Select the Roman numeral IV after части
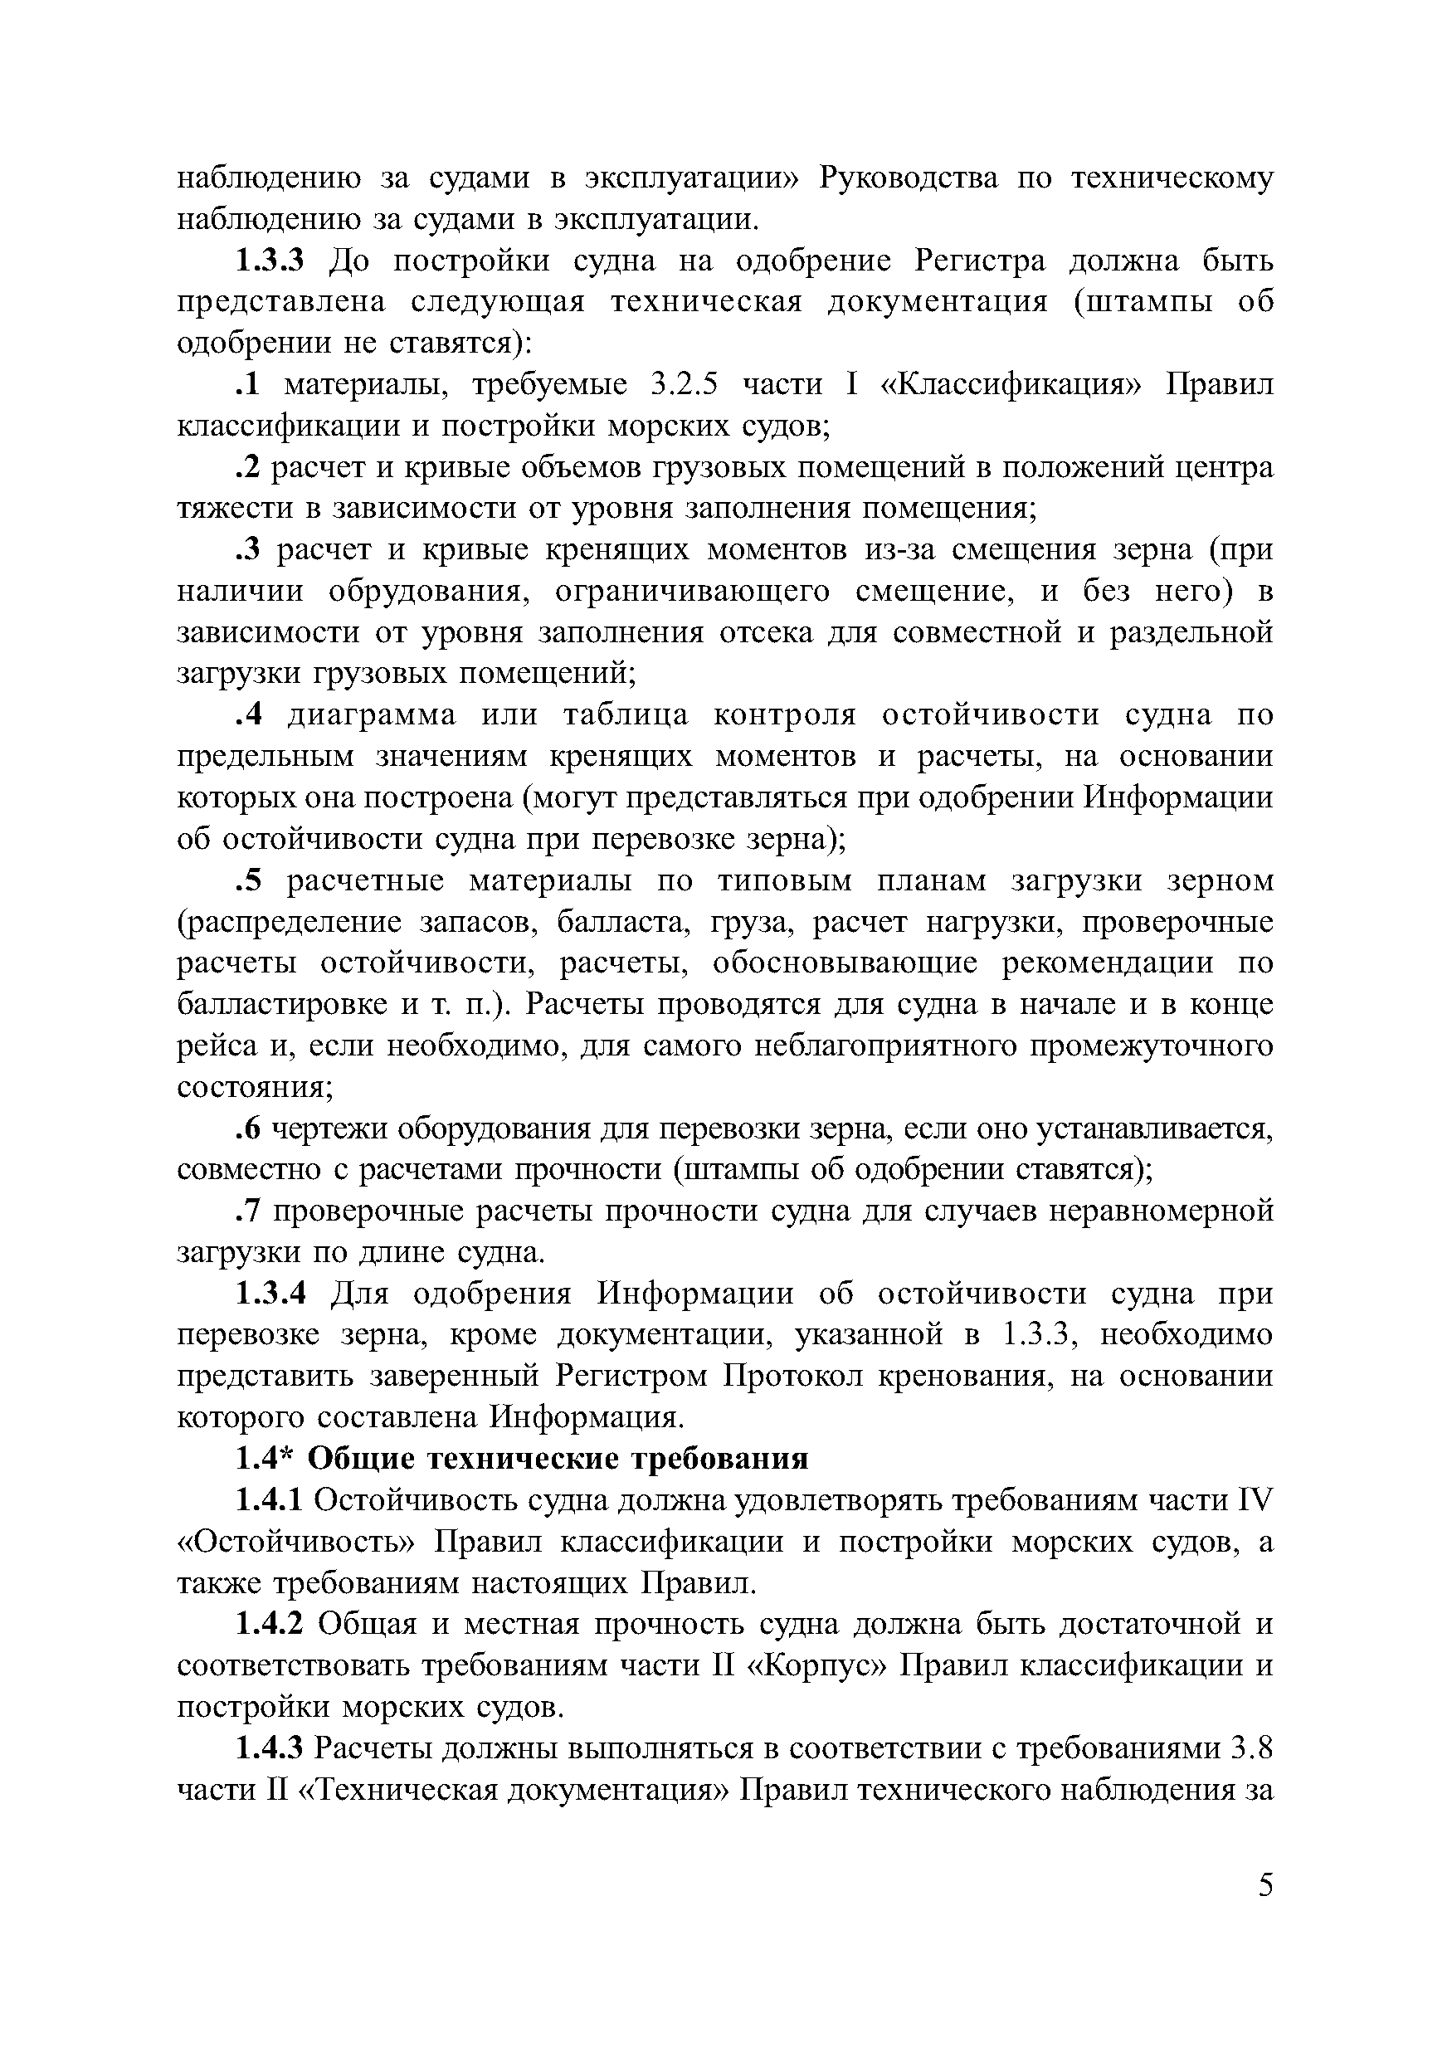pyautogui.click(x=1255, y=1499)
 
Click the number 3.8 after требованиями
pyautogui.click(x=1253, y=1748)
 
